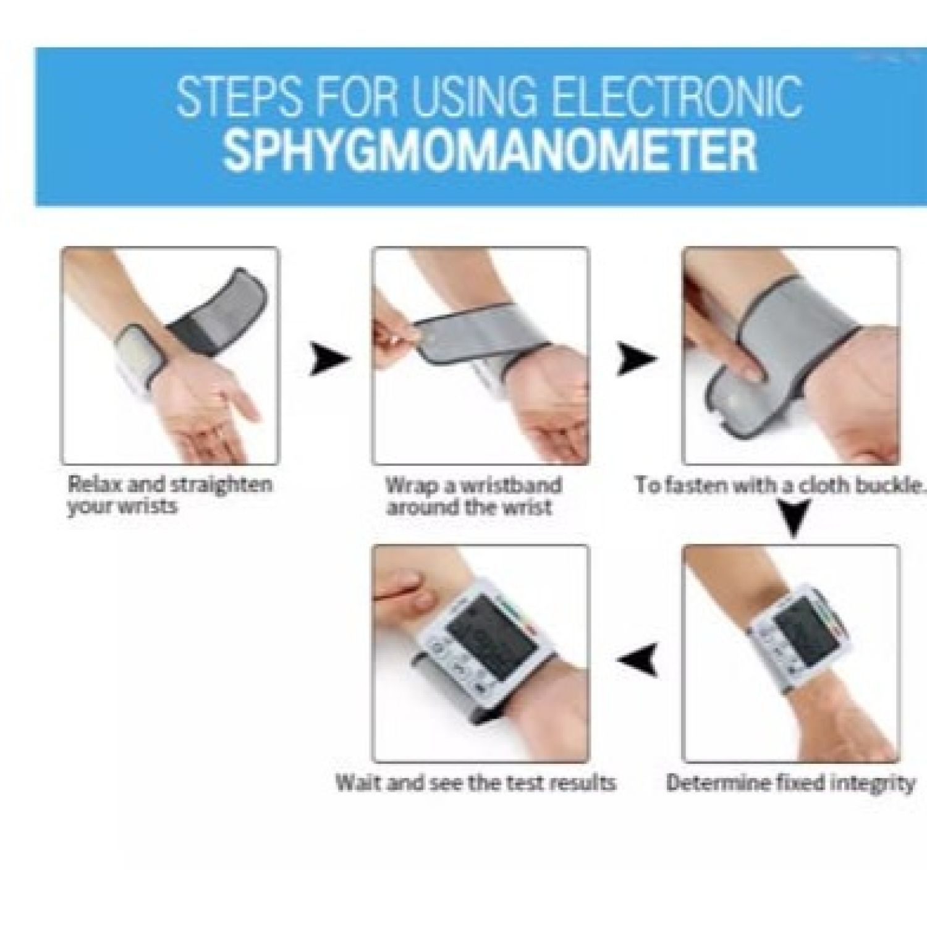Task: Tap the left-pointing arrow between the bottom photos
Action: (x=638, y=659)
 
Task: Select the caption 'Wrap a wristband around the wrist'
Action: (x=474, y=496)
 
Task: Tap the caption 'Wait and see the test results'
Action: (x=476, y=783)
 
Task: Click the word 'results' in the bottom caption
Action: (x=584, y=783)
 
